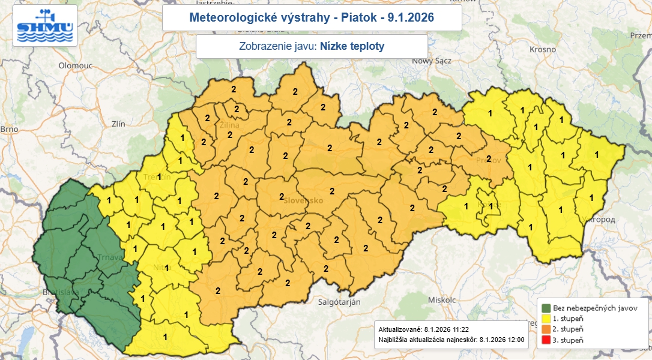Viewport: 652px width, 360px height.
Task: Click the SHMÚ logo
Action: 45,26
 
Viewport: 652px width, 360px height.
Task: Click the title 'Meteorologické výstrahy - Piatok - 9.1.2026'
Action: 312,18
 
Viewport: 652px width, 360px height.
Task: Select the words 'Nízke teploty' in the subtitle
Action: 352,46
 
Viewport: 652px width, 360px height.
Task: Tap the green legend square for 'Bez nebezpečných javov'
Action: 546,308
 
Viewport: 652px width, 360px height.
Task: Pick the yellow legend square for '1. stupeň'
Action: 546,319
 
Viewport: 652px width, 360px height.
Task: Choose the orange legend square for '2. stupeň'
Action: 546,329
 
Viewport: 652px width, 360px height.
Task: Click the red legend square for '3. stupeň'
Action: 546,340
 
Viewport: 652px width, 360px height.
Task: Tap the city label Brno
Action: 10,129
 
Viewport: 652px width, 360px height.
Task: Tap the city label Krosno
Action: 542,49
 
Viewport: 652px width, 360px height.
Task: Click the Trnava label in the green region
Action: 109,258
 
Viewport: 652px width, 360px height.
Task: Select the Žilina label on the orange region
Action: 229,125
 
